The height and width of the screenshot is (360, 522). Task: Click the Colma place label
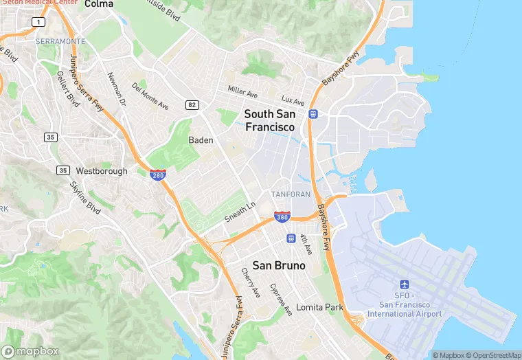pos(98,4)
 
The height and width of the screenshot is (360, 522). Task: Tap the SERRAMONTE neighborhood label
pos(61,41)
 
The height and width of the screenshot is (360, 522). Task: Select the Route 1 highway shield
pos(38,22)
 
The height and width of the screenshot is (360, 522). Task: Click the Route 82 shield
pos(192,104)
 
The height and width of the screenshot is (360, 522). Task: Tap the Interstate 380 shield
pos(282,216)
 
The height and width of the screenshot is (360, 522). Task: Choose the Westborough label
pos(102,170)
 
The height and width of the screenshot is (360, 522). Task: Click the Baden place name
pos(201,140)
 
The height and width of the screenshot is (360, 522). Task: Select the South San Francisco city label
pos(270,120)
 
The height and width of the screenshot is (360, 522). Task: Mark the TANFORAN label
pos(291,194)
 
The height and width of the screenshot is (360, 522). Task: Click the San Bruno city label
pos(279,265)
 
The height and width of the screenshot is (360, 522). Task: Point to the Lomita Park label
pos(319,307)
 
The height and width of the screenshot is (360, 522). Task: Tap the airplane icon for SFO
pos(404,284)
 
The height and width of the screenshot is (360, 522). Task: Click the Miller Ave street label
pos(242,91)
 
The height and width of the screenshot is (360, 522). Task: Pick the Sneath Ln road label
pos(240,212)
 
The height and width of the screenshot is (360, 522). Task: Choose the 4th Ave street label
pos(306,245)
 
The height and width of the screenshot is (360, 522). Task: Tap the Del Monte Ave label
pos(150,96)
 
